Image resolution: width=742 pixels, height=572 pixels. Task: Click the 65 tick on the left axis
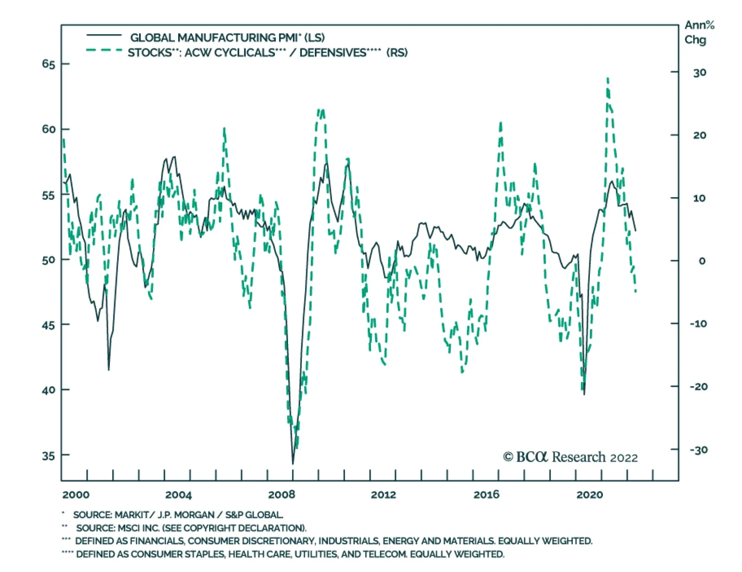(x=65, y=64)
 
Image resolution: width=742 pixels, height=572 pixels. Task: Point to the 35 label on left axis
(x=48, y=455)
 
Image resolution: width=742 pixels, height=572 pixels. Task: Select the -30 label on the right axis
(x=698, y=449)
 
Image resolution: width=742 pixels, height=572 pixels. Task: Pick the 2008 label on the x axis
(x=281, y=495)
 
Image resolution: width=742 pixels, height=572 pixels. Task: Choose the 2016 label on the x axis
(x=486, y=495)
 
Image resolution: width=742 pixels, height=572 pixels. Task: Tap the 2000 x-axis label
(x=76, y=495)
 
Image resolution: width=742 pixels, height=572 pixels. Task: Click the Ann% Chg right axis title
(x=699, y=32)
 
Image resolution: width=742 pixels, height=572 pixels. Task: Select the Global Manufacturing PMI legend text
(x=227, y=38)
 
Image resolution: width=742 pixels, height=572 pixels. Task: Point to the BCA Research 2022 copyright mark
(x=570, y=457)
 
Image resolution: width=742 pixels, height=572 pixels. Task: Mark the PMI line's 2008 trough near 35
(x=293, y=463)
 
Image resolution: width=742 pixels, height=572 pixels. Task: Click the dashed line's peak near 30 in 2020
(x=608, y=79)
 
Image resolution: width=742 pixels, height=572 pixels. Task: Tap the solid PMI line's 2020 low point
(x=584, y=394)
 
